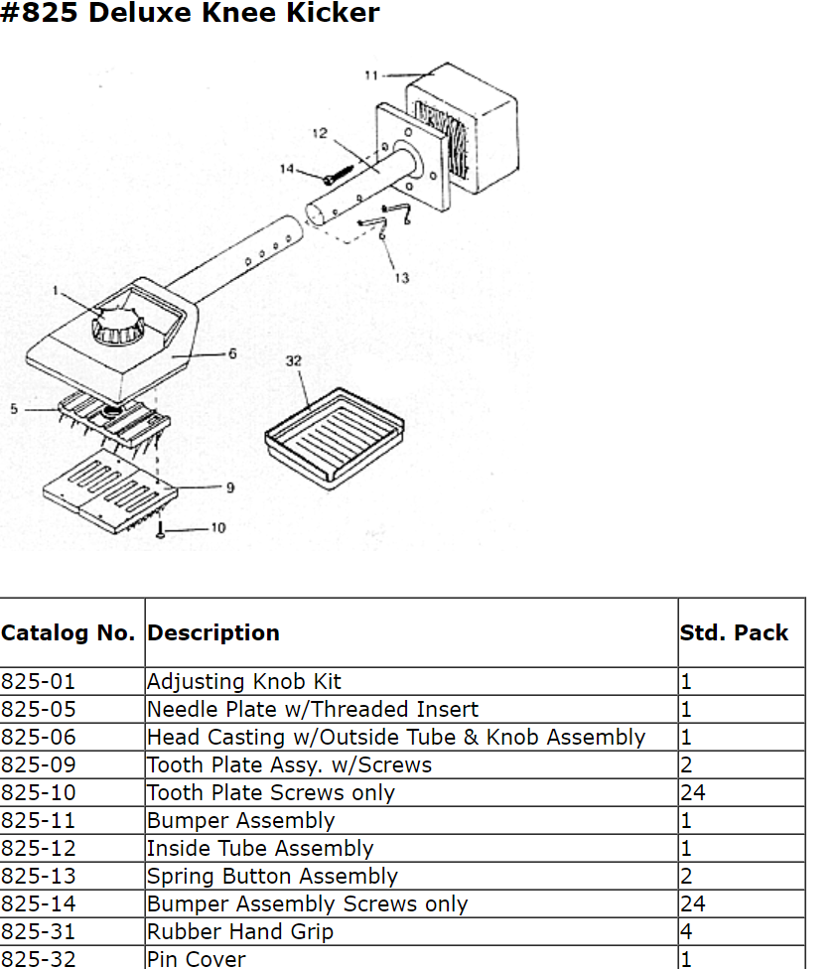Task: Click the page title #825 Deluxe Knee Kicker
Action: tap(190, 14)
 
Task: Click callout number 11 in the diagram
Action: tap(370, 74)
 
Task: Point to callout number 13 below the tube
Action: tap(401, 278)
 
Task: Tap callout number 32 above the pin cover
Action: tap(294, 360)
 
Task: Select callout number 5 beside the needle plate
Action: tap(14, 408)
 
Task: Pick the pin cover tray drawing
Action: tap(334, 433)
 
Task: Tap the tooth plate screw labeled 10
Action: tap(160, 531)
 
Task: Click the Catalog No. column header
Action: tap(68, 633)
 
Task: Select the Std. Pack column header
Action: tap(734, 633)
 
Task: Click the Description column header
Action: tap(213, 633)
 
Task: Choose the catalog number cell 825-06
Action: tap(38, 738)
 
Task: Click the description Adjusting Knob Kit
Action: tap(244, 682)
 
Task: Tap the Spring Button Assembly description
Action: tap(272, 877)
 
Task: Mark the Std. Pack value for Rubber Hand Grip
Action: tap(686, 932)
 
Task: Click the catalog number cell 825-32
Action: tap(38, 959)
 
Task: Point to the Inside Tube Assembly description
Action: tap(260, 849)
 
